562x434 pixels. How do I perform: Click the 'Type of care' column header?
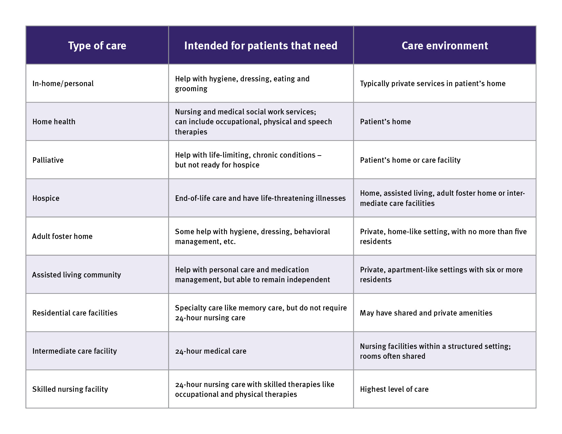click(x=97, y=46)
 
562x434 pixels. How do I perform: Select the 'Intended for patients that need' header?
click(x=261, y=46)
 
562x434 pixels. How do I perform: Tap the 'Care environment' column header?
click(x=444, y=46)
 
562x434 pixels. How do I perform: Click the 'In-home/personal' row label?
click(x=63, y=84)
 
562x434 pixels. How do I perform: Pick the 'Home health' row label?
click(x=54, y=122)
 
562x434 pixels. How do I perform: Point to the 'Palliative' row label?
click(x=48, y=160)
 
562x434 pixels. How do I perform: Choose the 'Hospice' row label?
click(x=46, y=198)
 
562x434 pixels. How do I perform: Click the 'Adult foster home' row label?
click(x=62, y=237)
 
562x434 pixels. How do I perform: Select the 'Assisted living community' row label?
click(x=77, y=275)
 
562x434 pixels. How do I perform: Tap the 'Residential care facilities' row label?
click(x=75, y=313)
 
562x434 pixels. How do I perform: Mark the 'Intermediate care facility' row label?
click(x=75, y=351)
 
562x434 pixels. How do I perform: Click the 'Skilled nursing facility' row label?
click(x=70, y=389)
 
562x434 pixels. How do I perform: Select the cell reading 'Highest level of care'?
click(x=394, y=389)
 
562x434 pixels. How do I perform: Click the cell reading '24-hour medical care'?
click(x=210, y=351)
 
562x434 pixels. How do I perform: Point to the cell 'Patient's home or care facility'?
click(x=410, y=160)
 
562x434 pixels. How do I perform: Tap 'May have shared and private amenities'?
click(x=426, y=313)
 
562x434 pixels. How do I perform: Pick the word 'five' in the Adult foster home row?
click(x=520, y=232)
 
